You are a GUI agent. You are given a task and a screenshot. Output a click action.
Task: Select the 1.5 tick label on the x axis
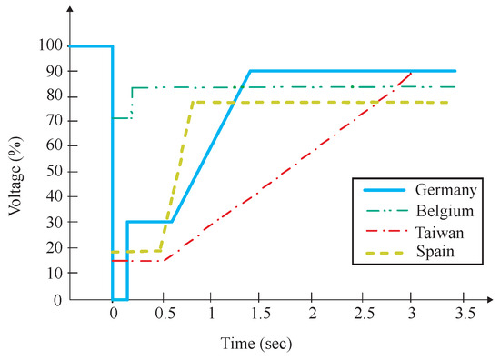[x=263, y=314]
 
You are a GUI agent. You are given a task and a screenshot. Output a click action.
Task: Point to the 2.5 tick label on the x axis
[x=364, y=314]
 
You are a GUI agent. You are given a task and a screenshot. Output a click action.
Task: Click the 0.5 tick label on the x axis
[x=163, y=314]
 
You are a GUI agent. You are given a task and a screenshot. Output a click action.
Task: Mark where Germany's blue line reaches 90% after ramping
[x=250, y=71]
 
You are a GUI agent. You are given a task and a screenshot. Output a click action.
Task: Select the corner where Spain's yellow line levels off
[x=193, y=102]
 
